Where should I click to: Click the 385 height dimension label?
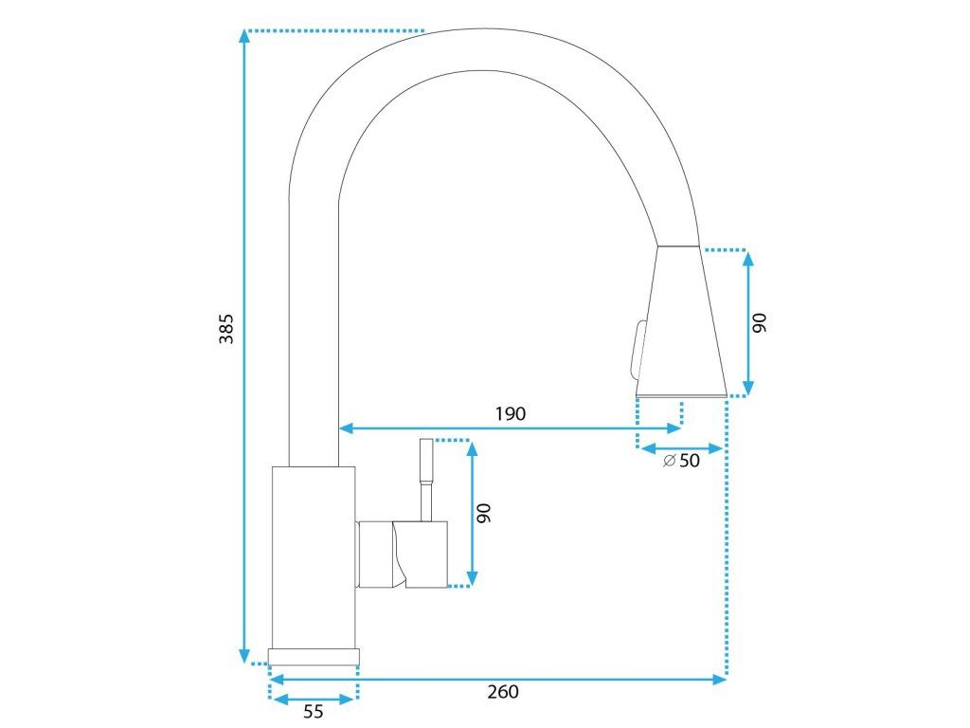(226, 327)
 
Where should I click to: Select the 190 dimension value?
(510, 413)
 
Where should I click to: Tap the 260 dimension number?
(503, 692)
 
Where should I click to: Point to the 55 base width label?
(314, 712)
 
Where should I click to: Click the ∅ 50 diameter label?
(682, 461)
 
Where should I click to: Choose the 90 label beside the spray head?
(759, 322)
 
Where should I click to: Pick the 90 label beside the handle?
(483, 513)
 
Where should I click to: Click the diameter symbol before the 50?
(669, 461)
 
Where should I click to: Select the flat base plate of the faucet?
(314, 656)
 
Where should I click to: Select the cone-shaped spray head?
(680, 322)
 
